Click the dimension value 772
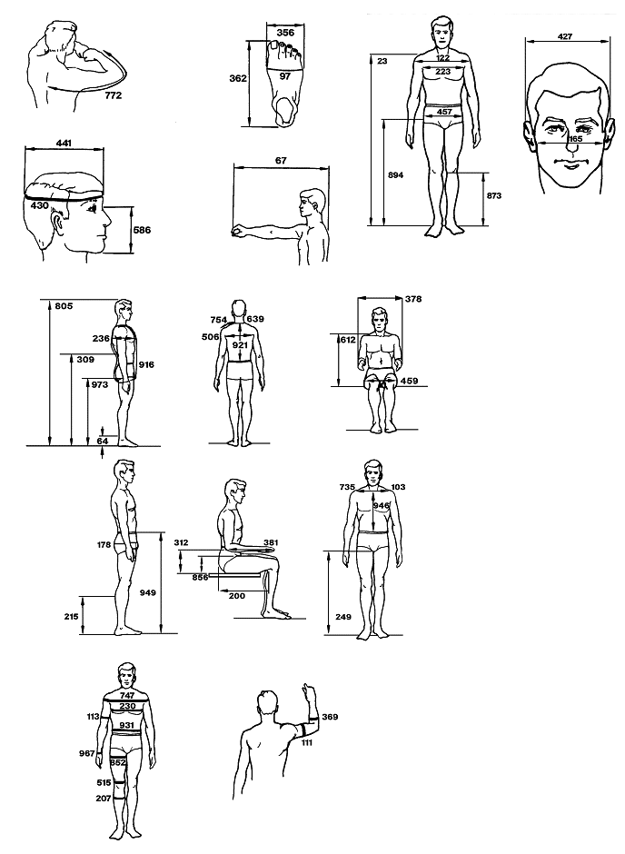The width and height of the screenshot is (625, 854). [113, 95]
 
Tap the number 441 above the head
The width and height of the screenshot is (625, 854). [64, 144]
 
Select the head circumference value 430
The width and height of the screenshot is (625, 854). [40, 205]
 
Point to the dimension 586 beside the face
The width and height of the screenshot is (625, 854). [142, 230]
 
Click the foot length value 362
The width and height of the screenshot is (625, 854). [238, 78]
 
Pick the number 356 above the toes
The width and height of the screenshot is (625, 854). [285, 33]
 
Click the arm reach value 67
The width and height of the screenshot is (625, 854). [281, 161]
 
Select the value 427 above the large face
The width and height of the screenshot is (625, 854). [565, 36]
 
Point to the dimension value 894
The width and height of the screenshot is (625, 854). [396, 175]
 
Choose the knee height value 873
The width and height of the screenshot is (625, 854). [494, 195]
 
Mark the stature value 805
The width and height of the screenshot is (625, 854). [64, 306]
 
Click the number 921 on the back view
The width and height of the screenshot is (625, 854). [240, 345]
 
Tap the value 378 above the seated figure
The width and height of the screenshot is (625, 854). [413, 299]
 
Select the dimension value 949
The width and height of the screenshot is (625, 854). [147, 592]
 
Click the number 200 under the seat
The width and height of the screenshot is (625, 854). [237, 596]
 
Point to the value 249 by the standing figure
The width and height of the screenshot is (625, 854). [343, 617]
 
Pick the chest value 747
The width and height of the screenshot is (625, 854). [127, 696]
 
